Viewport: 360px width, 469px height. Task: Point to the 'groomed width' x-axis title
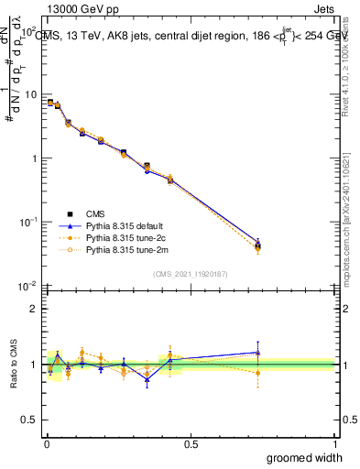(x=299, y=457)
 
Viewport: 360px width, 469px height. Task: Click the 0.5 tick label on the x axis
(x=189, y=444)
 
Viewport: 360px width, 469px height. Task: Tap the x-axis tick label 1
(x=334, y=444)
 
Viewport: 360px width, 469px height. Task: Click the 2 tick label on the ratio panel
(x=33, y=309)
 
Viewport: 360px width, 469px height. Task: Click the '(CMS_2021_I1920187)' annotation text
(x=190, y=272)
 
